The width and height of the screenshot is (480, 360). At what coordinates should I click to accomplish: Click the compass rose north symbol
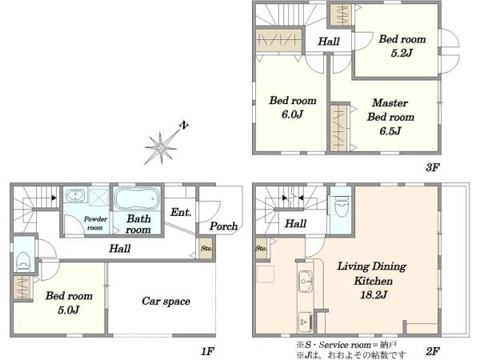click(x=162, y=147)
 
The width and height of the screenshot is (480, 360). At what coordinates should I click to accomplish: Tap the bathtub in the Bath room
click(x=137, y=199)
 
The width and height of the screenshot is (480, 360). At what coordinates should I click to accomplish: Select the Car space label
click(x=166, y=302)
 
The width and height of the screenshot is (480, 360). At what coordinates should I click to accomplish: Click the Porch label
click(x=223, y=226)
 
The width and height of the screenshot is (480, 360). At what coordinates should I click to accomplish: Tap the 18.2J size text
click(x=374, y=294)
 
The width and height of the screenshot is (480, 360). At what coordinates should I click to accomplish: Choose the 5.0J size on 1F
click(x=69, y=310)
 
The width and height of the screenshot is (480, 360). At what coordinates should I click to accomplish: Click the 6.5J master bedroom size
click(x=390, y=131)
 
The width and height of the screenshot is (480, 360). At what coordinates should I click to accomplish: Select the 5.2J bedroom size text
click(x=402, y=53)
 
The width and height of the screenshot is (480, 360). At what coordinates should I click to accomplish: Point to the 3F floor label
click(x=433, y=167)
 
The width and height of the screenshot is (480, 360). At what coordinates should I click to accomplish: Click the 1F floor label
click(x=207, y=351)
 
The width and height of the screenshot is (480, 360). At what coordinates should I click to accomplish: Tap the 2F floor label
click(x=433, y=351)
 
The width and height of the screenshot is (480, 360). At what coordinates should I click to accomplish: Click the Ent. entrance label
click(x=181, y=212)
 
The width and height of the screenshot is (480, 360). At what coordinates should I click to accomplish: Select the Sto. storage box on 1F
click(x=206, y=248)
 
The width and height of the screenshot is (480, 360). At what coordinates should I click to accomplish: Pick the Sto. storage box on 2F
click(x=262, y=248)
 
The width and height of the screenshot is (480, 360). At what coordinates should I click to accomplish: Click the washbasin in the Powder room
click(x=75, y=195)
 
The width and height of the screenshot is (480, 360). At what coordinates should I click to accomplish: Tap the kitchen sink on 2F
click(x=305, y=281)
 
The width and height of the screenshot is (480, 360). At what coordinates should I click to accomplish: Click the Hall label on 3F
click(x=329, y=42)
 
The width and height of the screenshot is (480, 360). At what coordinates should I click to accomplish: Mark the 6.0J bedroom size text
click(x=292, y=114)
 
